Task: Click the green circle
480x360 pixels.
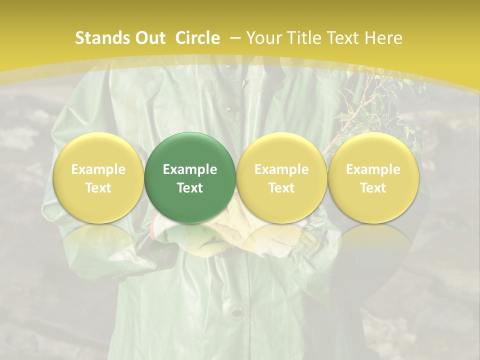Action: (x=190, y=177)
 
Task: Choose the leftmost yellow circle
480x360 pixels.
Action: (x=98, y=177)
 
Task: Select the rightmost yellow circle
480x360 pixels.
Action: (x=373, y=177)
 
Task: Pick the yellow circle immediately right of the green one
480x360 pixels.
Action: (x=281, y=177)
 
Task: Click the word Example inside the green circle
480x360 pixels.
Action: (x=190, y=169)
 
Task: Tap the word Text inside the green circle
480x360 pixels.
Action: (x=190, y=188)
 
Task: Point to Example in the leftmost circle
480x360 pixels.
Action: (x=98, y=169)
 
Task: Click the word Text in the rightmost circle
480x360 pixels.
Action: (x=373, y=188)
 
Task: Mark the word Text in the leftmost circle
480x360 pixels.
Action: (x=98, y=188)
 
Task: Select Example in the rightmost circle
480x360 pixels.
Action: (x=373, y=169)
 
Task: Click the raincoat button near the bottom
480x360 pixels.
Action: (x=236, y=312)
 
